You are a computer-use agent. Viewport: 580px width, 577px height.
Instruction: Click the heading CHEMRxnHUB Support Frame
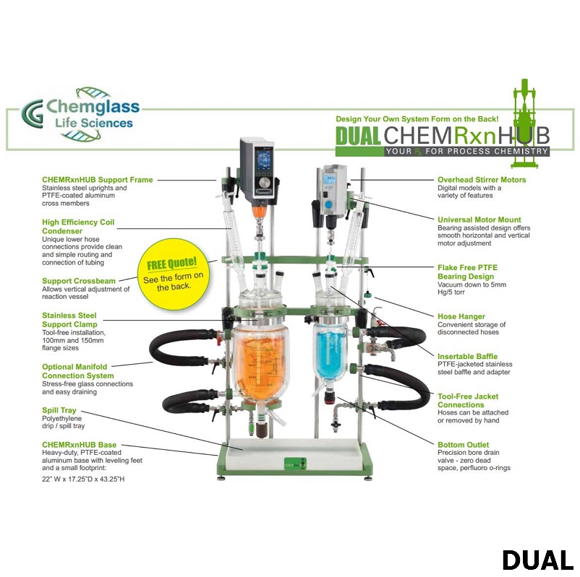click(97, 180)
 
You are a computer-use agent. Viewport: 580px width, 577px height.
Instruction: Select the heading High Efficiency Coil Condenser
click(78, 227)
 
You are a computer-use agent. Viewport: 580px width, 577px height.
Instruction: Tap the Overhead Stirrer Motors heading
click(482, 180)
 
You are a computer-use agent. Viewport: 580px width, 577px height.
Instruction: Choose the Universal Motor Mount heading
click(479, 220)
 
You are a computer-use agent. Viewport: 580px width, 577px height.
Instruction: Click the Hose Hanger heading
click(461, 316)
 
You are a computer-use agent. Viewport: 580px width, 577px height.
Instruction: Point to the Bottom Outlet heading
click(463, 445)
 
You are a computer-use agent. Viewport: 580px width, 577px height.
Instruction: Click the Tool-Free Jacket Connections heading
click(468, 400)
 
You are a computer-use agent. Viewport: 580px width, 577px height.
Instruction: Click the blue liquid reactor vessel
click(333, 354)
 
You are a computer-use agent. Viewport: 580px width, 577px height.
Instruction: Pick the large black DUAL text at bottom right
click(537, 560)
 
